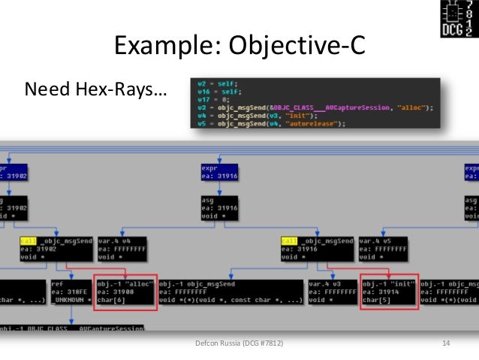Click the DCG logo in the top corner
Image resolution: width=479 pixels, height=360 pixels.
(x=457, y=20)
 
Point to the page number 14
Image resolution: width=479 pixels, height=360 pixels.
(x=446, y=343)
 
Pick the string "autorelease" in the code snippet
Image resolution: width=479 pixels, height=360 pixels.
(x=316, y=124)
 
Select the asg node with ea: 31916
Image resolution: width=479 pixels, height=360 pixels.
(x=217, y=207)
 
